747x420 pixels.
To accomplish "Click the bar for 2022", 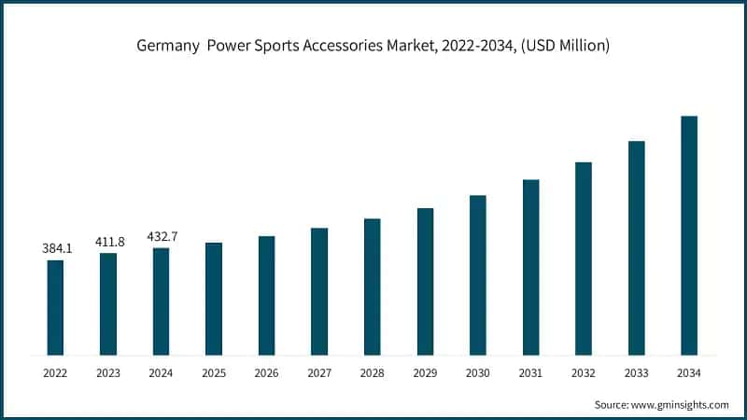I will pyautogui.click(x=55, y=307).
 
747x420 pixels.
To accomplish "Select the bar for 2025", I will pyautogui.click(x=214, y=299).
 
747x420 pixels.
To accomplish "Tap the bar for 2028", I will pyautogui.click(x=372, y=287).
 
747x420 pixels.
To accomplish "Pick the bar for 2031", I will pyautogui.click(x=530, y=267).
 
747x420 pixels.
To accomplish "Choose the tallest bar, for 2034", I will pyautogui.click(x=689, y=235).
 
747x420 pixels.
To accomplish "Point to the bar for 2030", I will pyautogui.click(x=478, y=275).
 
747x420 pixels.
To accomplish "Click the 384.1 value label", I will pyautogui.click(x=55, y=249).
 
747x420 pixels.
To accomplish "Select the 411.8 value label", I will pyautogui.click(x=108, y=243).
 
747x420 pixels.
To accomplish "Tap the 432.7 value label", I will pyautogui.click(x=162, y=237).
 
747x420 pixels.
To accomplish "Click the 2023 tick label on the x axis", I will pyautogui.click(x=108, y=373).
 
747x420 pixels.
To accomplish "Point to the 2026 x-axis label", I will pyautogui.click(x=266, y=373).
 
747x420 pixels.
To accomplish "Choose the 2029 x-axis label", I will pyautogui.click(x=425, y=373).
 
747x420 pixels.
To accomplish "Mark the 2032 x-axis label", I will pyautogui.click(x=584, y=373).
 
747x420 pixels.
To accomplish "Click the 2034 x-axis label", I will pyautogui.click(x=689, y=373).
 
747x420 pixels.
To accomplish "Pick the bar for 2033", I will pyautogui.click(x=637, y=248).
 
